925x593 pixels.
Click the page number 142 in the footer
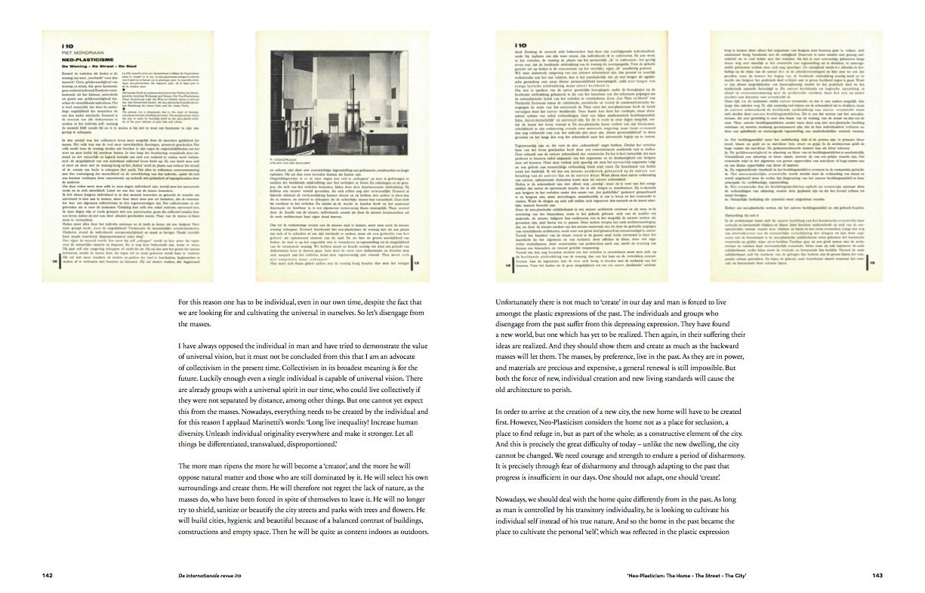48,576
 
